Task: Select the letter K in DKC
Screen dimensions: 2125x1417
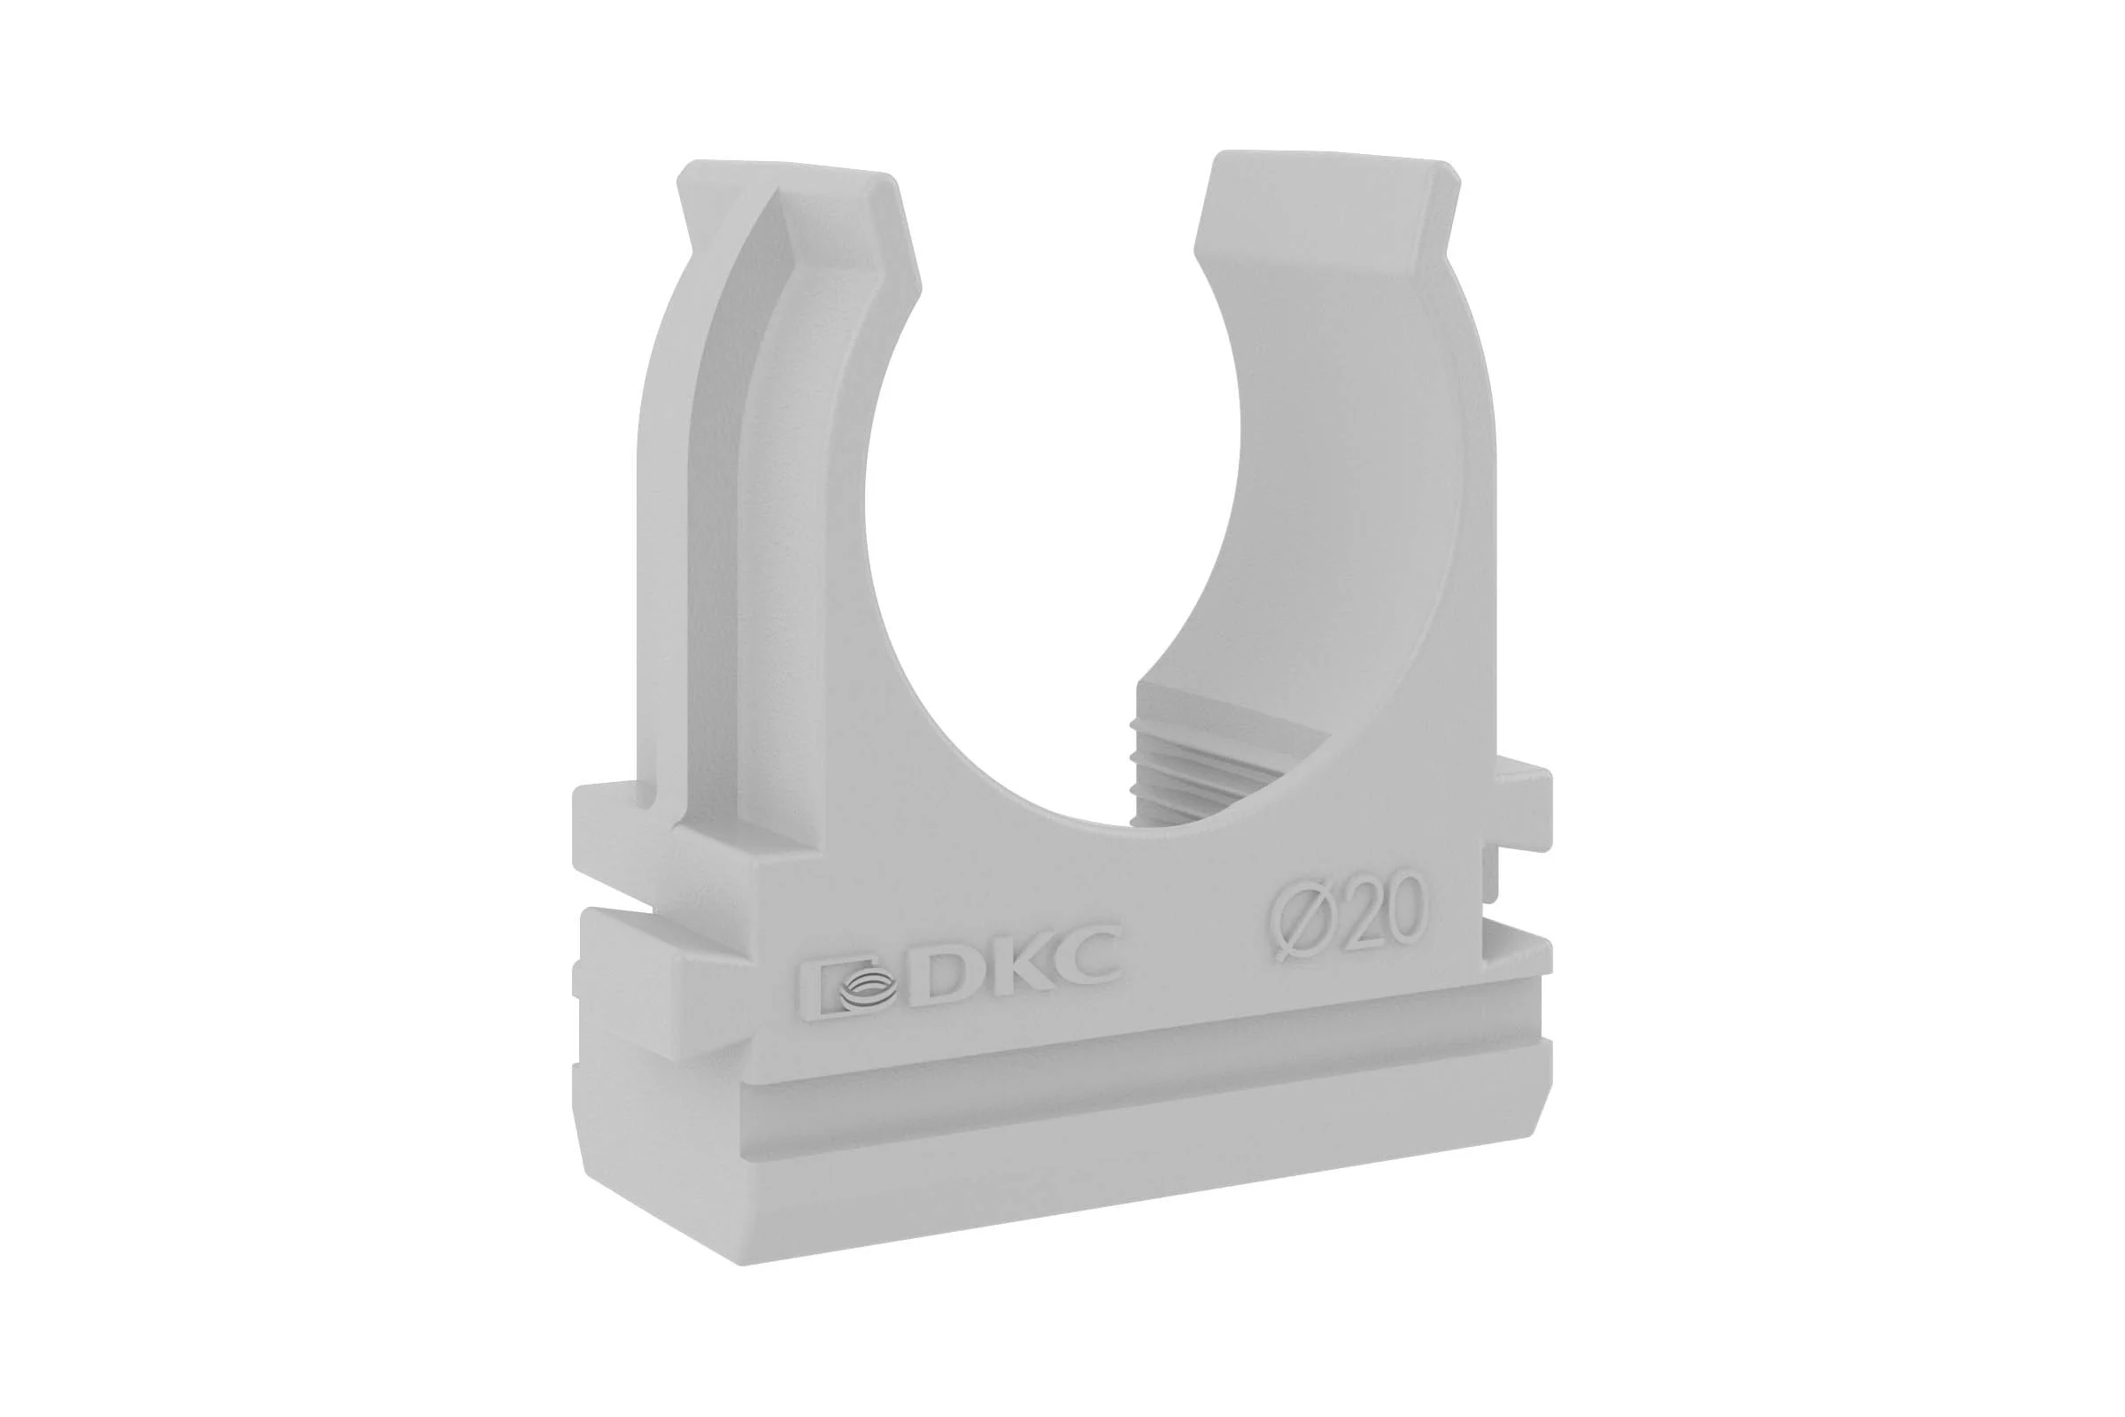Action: (x=1021, y=971)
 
